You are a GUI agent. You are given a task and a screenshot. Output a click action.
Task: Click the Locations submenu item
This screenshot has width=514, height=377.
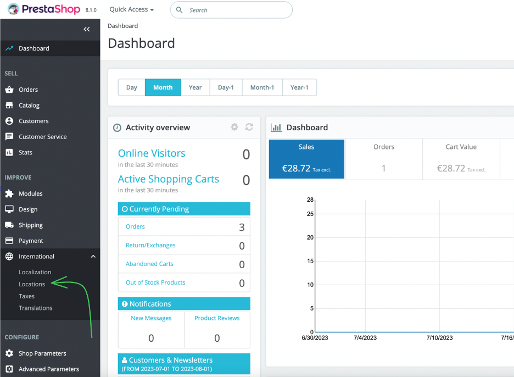pyautogui.click(x=32, y=284)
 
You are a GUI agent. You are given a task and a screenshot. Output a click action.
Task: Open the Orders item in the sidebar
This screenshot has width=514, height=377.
pyautogui.click(x=28, y=90)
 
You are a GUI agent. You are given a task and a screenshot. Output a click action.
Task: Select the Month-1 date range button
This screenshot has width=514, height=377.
pyautogui.click(x=262, y=87)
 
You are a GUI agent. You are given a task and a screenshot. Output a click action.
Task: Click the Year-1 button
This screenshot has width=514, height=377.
pyautogui.click(x=299, y=87)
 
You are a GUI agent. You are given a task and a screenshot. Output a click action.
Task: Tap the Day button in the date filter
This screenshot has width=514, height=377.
pyautogui.click(x=132, y=87)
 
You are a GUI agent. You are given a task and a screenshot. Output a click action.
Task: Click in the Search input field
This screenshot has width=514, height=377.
pyautogui.click(x=236, y=10)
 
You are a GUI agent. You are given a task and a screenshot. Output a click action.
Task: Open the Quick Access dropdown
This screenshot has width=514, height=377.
pyautogui.click(x=132, y=9)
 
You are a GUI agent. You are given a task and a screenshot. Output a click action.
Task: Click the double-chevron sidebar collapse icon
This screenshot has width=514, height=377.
pyautogui.click(x=87, y=29)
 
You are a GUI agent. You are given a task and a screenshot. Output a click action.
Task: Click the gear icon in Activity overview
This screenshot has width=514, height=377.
pyautogui.click(x=234, y=127)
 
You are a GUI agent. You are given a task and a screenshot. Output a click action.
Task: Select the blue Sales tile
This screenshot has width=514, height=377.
pyautogui.click(x=306, y=159)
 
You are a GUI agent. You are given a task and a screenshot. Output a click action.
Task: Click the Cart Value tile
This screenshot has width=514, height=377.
pyautogui.click(x=461, y=159)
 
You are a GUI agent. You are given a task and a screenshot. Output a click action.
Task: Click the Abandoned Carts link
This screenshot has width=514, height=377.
pyautogui.click(x=149, y=264)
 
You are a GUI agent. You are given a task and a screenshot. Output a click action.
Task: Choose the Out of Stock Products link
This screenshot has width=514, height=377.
pyautogui.click(x=155, y=282)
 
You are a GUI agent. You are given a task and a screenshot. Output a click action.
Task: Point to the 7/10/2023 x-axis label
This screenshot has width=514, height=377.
pyautogui.click(x=439, y=337)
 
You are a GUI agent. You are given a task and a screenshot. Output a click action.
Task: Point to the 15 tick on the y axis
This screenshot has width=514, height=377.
pyautogui.click(x=310, y=261)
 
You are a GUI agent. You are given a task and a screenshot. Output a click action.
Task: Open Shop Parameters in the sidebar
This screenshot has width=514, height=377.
pyautogui.click(x=42, y=353)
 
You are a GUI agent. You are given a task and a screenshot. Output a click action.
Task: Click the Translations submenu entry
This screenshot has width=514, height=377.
pyautogui.click(x=36, y=308)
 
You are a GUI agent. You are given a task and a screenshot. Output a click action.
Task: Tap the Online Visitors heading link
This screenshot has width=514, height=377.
pyautogui.click(x=152, y=153)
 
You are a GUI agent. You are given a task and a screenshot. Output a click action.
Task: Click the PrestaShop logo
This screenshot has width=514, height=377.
pyautogui.click(x=44, y=9)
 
